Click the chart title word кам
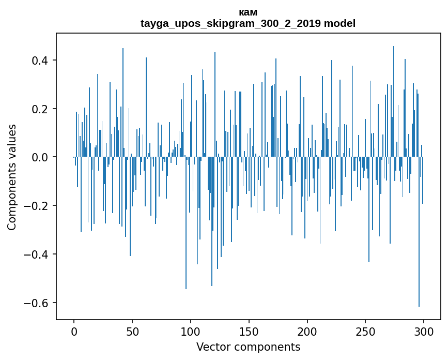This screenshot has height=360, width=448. pos(248,12)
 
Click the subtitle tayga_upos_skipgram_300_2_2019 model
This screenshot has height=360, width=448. pos(248,24)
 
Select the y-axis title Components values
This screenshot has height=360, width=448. pos(12,177)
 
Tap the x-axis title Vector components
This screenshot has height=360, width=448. pos(248,347)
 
